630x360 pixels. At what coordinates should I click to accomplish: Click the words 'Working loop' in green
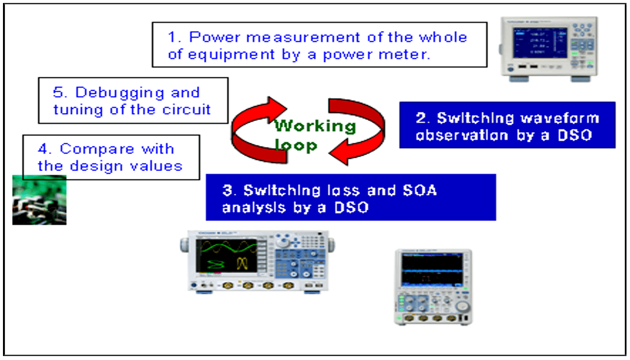[315, 135]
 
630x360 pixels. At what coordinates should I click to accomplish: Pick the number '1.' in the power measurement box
[175, 37]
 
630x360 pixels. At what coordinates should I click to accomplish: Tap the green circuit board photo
[39, 200]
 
